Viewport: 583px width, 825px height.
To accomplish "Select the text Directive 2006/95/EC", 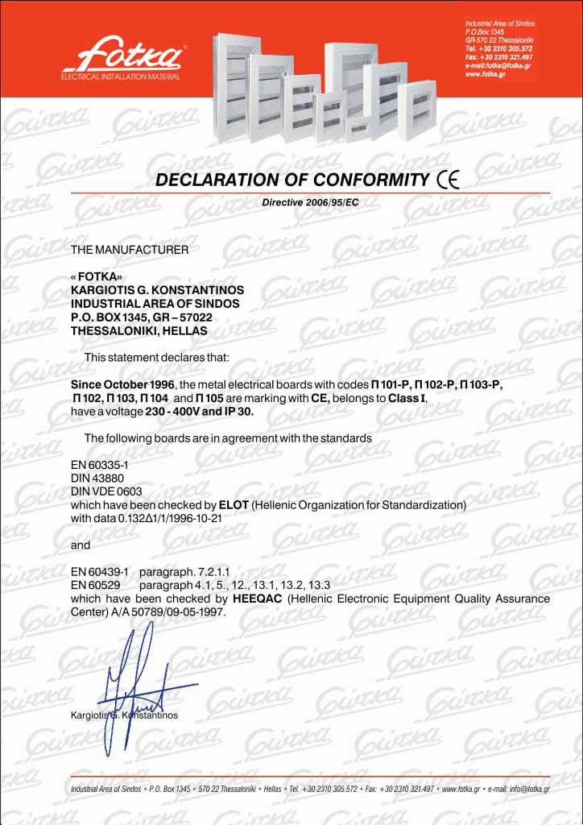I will click(x=310, y=201).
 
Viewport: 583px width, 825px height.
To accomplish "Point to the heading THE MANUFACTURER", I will click(x=130, y=250).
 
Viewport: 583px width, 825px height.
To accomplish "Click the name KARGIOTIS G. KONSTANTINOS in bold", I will click(x=157, y=289).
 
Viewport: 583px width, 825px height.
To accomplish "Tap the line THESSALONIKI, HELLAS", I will click(x=139, y=330).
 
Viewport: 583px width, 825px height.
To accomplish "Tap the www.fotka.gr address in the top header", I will click(x=486, y=74).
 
